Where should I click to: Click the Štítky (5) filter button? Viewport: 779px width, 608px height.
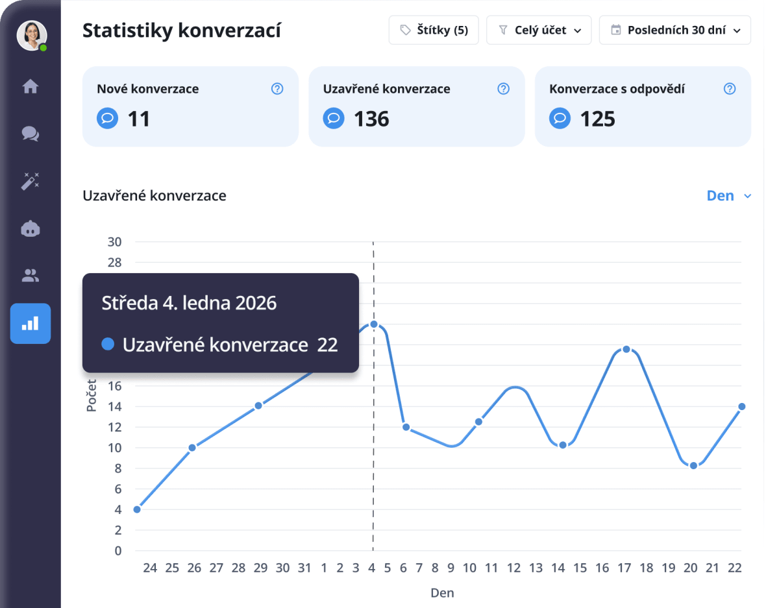pos(433,30)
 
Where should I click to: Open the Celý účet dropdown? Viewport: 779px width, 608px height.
pos(539,30)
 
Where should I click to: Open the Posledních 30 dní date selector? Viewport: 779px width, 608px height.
pos(674,30)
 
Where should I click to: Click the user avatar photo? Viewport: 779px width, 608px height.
pos(31,35)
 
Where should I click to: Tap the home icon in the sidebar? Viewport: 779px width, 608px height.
pos(31,86)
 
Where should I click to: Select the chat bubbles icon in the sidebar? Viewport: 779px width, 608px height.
pos(31,134)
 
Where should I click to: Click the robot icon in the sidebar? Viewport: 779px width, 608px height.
pos(31,228)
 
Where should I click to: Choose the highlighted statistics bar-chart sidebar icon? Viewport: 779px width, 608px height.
pos(31,323)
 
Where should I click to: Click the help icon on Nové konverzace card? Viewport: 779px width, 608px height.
pos(277,89)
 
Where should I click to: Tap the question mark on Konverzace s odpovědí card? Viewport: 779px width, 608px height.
pos(730,89)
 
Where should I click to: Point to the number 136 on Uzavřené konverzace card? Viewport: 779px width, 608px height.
pos(371,119)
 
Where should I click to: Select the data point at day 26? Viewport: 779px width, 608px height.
pos(192,448)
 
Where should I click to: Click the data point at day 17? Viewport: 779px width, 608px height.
pos(626,349)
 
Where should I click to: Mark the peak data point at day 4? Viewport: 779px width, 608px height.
pos(373,324)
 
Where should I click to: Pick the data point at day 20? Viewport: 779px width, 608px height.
pos(693,465)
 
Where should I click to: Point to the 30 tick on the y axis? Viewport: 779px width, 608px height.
pos(114,242)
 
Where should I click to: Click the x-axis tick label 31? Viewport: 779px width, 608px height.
pos(304,568)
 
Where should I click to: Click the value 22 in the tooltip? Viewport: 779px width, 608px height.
pos(328,345)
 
